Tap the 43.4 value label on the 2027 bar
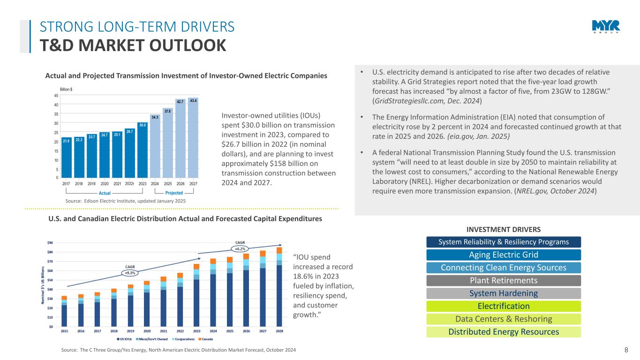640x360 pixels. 193,100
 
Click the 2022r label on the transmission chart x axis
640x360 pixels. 130,184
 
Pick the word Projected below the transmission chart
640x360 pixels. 174,193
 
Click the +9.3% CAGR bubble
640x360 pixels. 129,272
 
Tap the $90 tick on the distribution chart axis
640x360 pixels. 50,242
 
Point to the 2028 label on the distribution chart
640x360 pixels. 279,331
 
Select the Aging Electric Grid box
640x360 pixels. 504,255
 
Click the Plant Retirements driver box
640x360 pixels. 504,281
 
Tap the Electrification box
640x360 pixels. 504,307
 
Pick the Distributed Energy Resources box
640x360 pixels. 504,332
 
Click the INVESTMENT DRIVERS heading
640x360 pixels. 503,229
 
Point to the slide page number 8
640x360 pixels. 626,350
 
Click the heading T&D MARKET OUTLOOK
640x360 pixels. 133,45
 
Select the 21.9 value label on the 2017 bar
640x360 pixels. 66,141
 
